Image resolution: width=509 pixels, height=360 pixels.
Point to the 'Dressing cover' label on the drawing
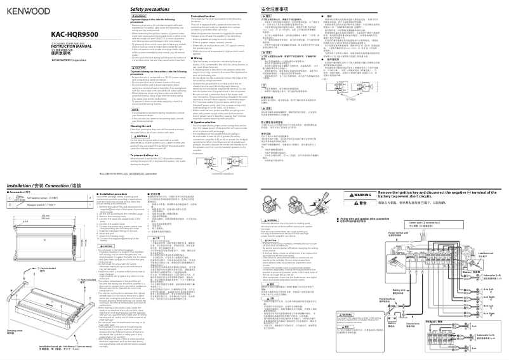pos(12,331)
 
